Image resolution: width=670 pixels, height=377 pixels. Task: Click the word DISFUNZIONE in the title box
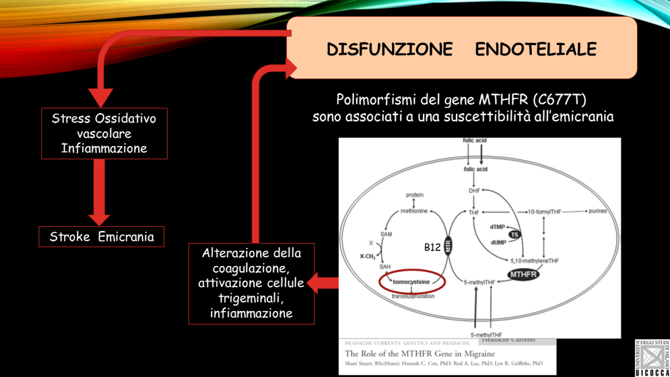coord(389,50)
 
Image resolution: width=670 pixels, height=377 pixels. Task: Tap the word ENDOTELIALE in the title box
coord(535,50)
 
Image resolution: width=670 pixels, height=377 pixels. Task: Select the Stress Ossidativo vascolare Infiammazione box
coord(104,133)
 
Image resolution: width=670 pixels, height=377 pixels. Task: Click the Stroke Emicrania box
coord(102,237)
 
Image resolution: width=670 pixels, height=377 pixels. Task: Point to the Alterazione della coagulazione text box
coord(251,283)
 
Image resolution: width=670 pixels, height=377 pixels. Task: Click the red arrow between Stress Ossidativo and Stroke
coord(100,193)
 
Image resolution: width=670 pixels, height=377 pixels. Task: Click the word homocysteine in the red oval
coord(411,282)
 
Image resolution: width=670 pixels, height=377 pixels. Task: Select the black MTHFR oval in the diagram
coord(523,274)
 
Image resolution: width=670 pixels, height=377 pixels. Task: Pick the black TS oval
coord(514,234)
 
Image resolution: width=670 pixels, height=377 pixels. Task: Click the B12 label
coord(432,248)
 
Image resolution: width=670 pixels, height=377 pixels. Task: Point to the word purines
coord(597,211)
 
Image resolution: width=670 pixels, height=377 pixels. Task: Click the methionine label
coord(413,211)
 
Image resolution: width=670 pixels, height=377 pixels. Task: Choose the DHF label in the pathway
coord(474,191)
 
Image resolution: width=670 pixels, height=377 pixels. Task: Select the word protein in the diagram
coord(415,195)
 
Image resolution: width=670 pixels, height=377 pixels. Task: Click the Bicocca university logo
coord(652,357)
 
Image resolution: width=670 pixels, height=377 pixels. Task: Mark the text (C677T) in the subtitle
coord(559,100)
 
